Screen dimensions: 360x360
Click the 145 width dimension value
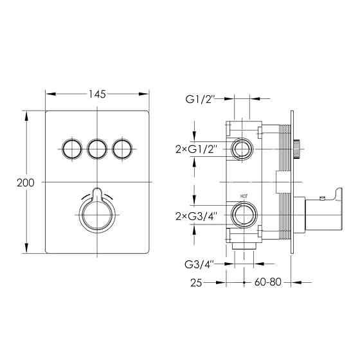[97, 94]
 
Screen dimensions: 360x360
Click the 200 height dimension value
[26, 183]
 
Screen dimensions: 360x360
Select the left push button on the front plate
[72, 149]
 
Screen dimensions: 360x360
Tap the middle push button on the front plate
[97, 149]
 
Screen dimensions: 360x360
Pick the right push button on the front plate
[122, 149]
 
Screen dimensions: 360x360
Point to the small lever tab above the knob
[97, 194]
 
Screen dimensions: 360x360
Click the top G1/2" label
[200, 100]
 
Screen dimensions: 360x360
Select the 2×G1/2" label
[196, 150]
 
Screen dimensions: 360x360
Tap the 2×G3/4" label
[196, 216]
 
